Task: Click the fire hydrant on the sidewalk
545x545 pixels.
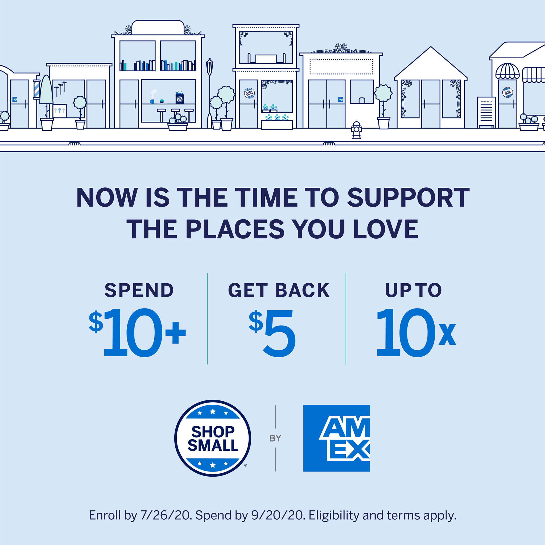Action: (x=357, y=130)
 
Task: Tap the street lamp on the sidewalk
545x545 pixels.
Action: (x=209, y=93)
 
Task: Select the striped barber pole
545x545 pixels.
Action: (x=36, y=89)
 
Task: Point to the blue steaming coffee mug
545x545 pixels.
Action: (x=152, y=101)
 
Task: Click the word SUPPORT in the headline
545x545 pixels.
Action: (x=408, y=198)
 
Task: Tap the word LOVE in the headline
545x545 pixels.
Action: (x=386, y=229)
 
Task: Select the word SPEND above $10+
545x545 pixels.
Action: (x=139, y=290)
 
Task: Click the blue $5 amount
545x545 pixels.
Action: (x=272, y=333)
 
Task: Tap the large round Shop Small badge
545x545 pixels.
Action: (x=213, y=438)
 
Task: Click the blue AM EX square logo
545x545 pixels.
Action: (x=336, y=438)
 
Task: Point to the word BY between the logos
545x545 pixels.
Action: (x=275, y=438)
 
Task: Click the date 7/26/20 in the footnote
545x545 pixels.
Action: (x=166, y=515)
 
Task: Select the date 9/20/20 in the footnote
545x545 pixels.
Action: (x=278, y=515)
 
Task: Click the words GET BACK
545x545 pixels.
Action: (x=279, y=290)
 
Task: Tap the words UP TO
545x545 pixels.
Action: (x=413, y=290)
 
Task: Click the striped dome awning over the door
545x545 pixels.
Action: (x=507, y=71)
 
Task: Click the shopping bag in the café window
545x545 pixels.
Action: (x=180, y=97)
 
